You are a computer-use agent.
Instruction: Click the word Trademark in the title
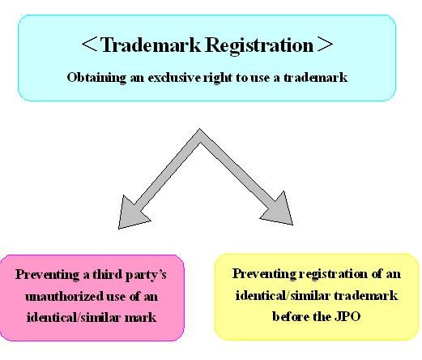[151, 45]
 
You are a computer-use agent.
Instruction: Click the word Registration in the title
[259, 46]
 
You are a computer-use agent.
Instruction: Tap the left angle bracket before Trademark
[89, 45]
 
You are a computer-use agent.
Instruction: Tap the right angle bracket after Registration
[326, 45]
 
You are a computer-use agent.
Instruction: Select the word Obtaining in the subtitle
[96, 78]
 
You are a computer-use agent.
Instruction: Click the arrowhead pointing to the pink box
[131, 214]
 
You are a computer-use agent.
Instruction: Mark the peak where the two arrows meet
[199, 129]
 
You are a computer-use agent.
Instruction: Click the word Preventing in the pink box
[48, 275]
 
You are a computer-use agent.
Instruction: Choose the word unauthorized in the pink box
[64, 297]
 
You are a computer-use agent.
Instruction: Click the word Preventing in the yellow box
[264, 274]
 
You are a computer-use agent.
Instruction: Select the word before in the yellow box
[291, 316]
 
